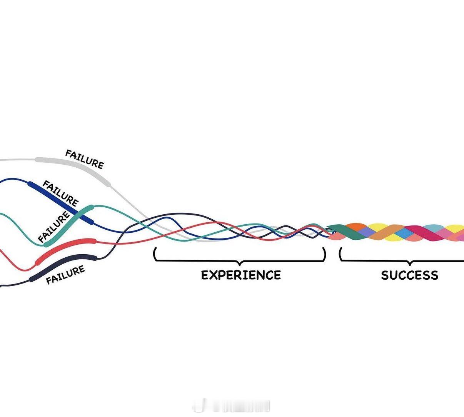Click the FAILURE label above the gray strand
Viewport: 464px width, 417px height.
pyautogui.click(x=85, y=159)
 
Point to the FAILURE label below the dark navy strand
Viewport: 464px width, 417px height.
pyautogui.click(x=65, y=275)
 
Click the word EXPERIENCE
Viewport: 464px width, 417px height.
pyautogui.click(x=241, y=275)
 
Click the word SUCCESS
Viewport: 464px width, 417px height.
pyautogui.click(x=409, y=275)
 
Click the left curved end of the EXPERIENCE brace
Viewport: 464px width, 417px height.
pyautogui.click(x=155, y=254)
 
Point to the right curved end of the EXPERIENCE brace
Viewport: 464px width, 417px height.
pyautogui.click(x=324, y=254)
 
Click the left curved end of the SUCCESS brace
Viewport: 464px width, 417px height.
pyautogui.click(x=340, y=254)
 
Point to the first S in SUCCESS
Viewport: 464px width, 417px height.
pyautogui.click(x=385, y=275)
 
